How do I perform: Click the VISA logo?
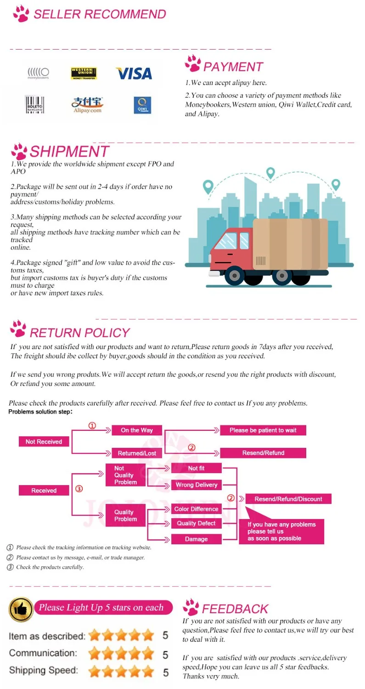tap(134, 73)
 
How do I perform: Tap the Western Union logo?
tap(84, 73)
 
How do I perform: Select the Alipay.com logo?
tap(86, 105)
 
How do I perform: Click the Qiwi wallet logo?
tap(142, 105)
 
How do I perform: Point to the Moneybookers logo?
tap(38, 73)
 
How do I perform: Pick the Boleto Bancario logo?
tap(34, 105)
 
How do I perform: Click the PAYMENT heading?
tap(233, 67)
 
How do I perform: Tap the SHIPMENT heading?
tap(69, 151)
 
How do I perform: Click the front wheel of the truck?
tap(235, 276)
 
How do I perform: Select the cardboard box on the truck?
tap(290, 244)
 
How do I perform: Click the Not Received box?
tap(44, 442)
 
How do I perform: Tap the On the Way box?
tap(137, 430)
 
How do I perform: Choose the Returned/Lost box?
tap(137, 453)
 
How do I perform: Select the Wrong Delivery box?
tap(197, 485)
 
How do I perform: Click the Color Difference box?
tap(197, 509)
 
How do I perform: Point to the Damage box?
tap(197, 539)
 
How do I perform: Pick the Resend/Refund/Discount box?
tap(288, 499)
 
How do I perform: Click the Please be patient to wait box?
tap(263, 430)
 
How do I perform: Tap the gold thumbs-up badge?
tap(21, 610)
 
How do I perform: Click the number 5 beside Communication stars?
tap(165, 654)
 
